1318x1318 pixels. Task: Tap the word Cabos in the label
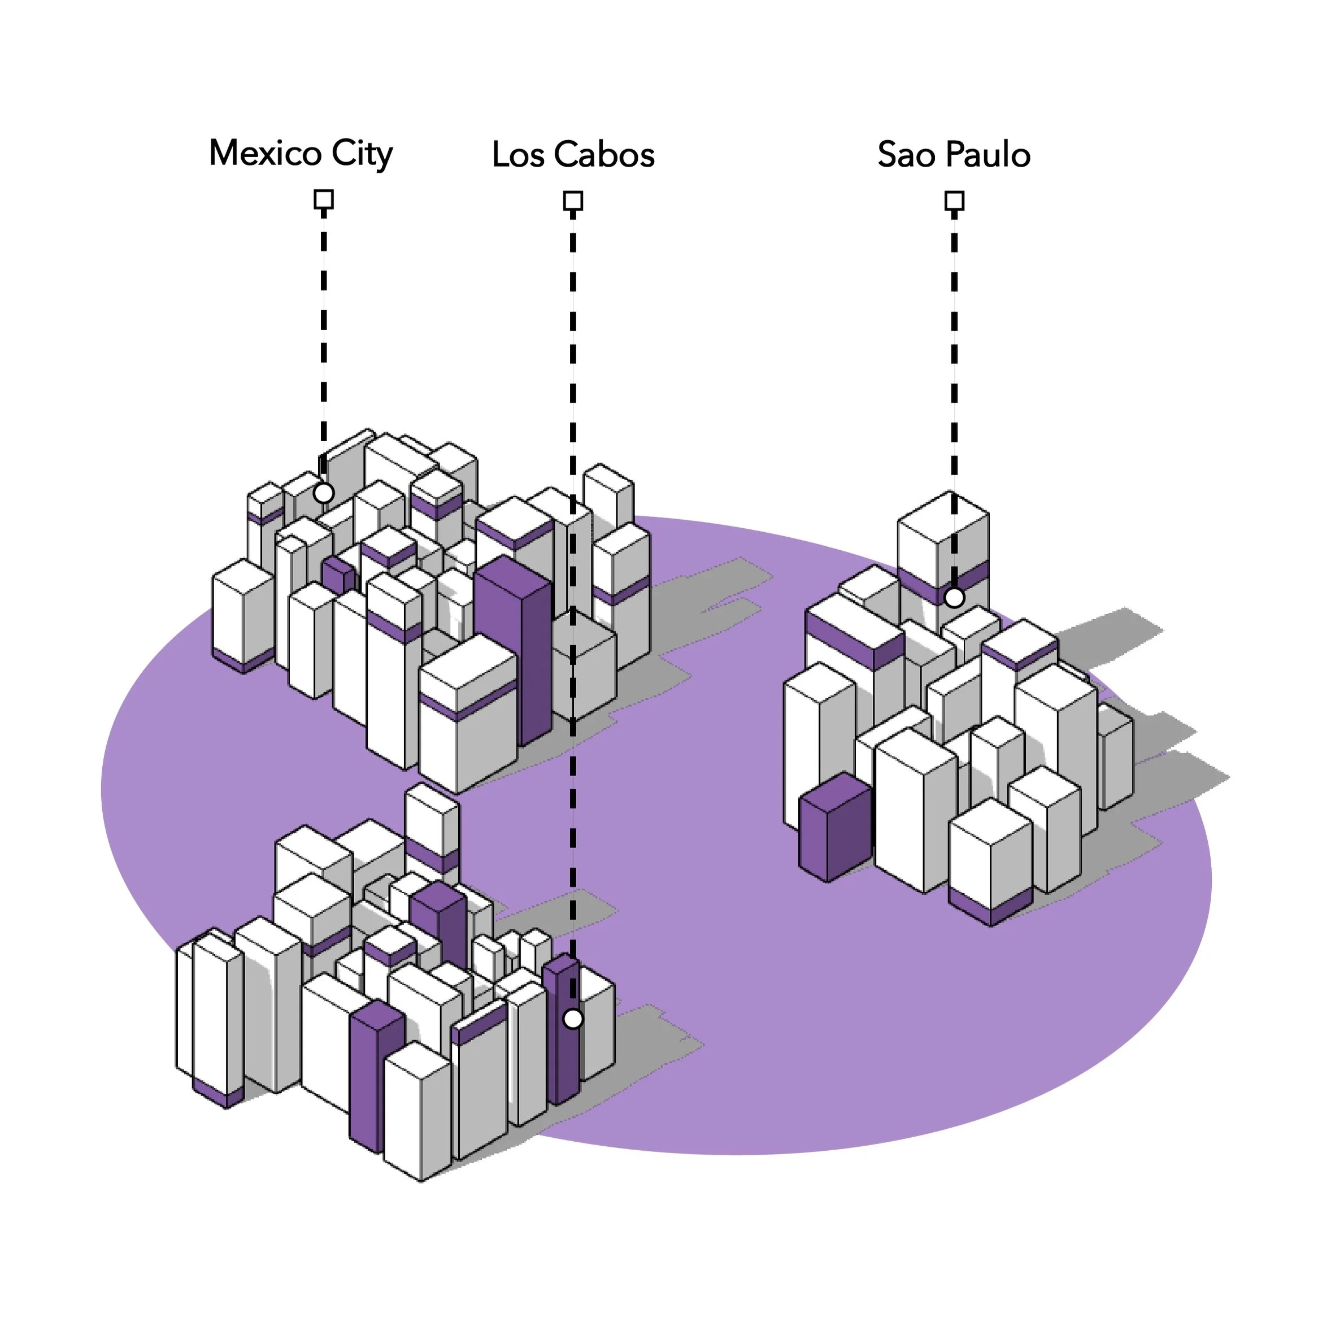[x=604, y=155]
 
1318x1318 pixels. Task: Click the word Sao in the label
[x=905, y=155]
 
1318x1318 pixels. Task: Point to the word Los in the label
[x=518, y=155]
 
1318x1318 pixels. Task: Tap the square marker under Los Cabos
[x=573, y=201]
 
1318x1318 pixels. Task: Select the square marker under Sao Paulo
[x=954, y=201]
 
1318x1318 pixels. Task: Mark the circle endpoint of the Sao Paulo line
[x=954, y=598]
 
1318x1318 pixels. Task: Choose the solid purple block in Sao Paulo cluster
[x=834, y=832]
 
